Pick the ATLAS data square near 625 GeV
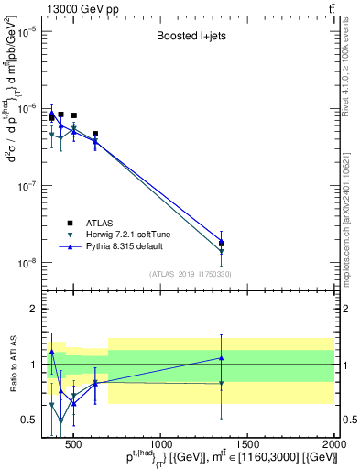click(95, 134)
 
